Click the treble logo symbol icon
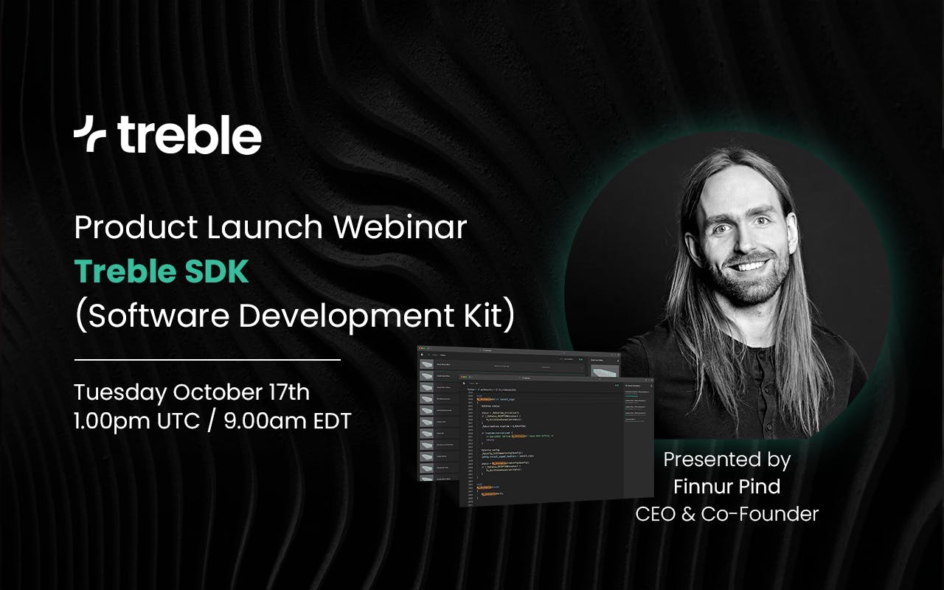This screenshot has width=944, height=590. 89,135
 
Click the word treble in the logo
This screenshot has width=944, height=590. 189,136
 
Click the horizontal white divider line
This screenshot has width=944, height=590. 207,360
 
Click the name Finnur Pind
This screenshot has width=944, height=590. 726,487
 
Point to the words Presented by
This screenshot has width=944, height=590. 726,459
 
